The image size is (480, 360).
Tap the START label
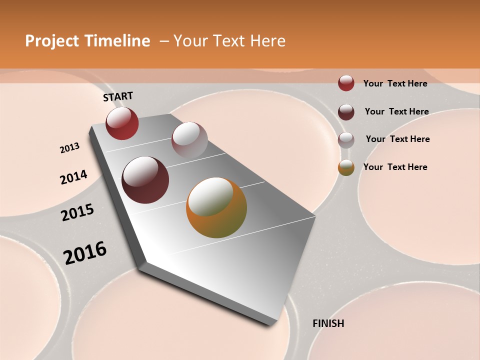(x=118, y=96)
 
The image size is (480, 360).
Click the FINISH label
(x=328, y=323)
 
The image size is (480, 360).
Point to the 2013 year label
(x=69, y=148)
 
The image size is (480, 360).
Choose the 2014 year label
(x=74, y=177)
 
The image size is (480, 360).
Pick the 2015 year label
(x=77, y=212)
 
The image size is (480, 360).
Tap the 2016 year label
(x=85, y=252)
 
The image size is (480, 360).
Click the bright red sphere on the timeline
(x=122, y=123)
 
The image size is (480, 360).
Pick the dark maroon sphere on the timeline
(x=145, y=180)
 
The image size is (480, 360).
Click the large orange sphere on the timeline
(x=216, y=207)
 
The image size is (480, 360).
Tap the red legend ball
(x=346, y=83)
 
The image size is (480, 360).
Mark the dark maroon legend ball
(x=346, y=111)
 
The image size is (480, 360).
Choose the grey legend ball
(x=346, y=139)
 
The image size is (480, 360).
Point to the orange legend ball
(x=346, y=167)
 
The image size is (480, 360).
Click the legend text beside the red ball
(x=395, y=83)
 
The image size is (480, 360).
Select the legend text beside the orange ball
(x=395, y=167)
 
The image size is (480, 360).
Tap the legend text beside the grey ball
(x=397, y=139)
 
